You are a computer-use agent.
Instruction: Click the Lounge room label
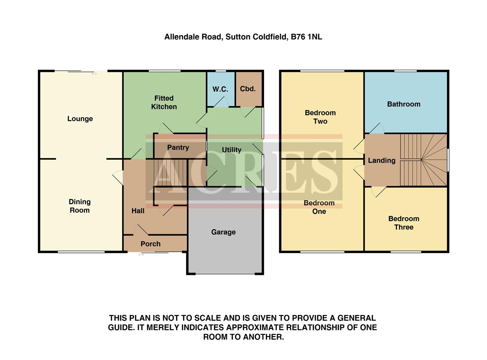coord(80,119)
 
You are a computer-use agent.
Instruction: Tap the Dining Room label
coord(79,206)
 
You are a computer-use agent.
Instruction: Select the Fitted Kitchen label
coord(164,102)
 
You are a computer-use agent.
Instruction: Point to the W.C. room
coord(220,89)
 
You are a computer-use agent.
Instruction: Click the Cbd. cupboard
coord(248,89)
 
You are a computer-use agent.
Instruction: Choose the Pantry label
coord(178,147)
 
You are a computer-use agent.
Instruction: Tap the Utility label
coord(231,150)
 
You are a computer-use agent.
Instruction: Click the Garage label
coord(223,232)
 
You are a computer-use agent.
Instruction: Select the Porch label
coord(150,244)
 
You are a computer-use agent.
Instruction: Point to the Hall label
coord(138,211)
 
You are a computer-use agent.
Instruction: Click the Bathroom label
coord(404,104)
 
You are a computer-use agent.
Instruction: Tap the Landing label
coord(382,160)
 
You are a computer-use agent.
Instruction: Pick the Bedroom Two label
coord(320,117)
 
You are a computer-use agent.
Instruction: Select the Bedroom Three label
coord(404,223)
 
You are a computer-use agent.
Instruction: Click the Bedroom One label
coord(319,207)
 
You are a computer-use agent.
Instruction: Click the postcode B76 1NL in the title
coord(307,37)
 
